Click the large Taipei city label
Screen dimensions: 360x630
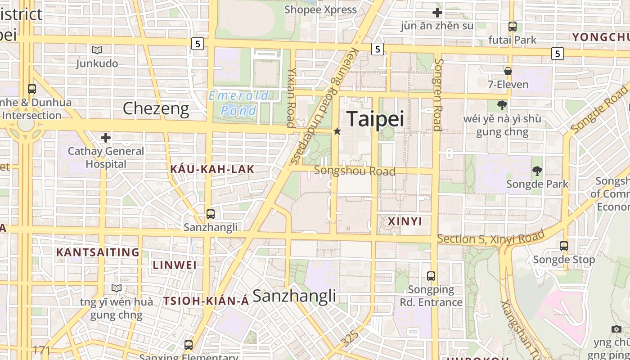coord(375,119)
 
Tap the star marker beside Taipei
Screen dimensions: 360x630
coord(337,131)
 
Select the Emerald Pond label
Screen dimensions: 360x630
coord(238,103)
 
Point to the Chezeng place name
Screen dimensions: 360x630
coord(156,108)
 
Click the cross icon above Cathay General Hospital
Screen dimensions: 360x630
coord(106,137)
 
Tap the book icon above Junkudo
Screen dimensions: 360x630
coord(97,50)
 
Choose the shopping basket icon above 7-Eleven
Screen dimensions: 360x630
coord(508,71)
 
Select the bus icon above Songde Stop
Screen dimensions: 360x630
coord(564,246)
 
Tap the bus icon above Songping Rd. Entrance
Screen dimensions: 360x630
coord(431,276)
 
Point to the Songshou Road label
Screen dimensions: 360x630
coord(355,171)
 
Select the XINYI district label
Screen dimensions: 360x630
coord(405,221)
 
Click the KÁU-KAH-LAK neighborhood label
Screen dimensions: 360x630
coord(212,170)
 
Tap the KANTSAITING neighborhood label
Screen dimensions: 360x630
coord(98,252)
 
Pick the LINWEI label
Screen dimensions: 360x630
coord(175,265)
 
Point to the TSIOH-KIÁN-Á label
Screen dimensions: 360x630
coord(206,301)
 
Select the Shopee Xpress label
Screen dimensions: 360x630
coord(320,9)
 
